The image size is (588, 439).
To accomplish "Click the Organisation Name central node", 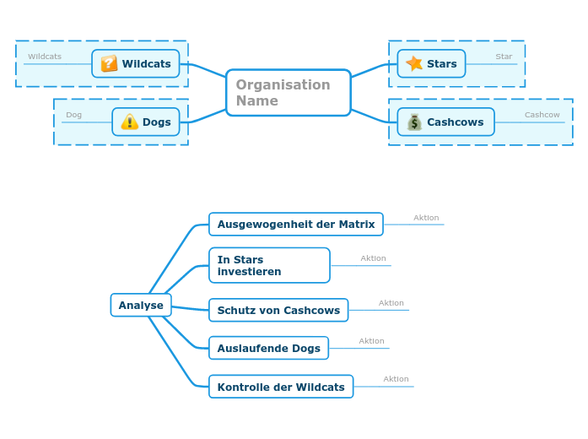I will pos(288,93).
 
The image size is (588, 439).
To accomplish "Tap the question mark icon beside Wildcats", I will pos(109,63).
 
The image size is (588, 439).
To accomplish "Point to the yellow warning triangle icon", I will pos(129,122).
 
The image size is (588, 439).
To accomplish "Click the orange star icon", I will pos(413,63).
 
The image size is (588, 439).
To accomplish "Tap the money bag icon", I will pos(414,122).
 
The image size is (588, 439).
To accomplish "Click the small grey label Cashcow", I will pos(542,115).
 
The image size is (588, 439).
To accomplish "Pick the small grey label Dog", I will pos(73,115).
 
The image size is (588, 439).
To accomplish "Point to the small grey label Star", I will pos(504,57).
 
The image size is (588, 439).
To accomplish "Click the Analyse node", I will pos(141,305).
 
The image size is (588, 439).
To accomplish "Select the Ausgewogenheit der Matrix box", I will pos(296,224).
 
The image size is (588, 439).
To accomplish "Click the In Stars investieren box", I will pos(269,265).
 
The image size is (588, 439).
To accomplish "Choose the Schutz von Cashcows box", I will pos(278,310).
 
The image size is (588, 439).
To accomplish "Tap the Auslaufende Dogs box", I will pos(268,348).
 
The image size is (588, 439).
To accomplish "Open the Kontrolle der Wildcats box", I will pos(281,387).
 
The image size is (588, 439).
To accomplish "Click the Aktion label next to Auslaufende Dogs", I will pos(371,341).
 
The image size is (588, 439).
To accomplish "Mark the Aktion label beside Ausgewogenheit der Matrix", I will pos(426,218).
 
